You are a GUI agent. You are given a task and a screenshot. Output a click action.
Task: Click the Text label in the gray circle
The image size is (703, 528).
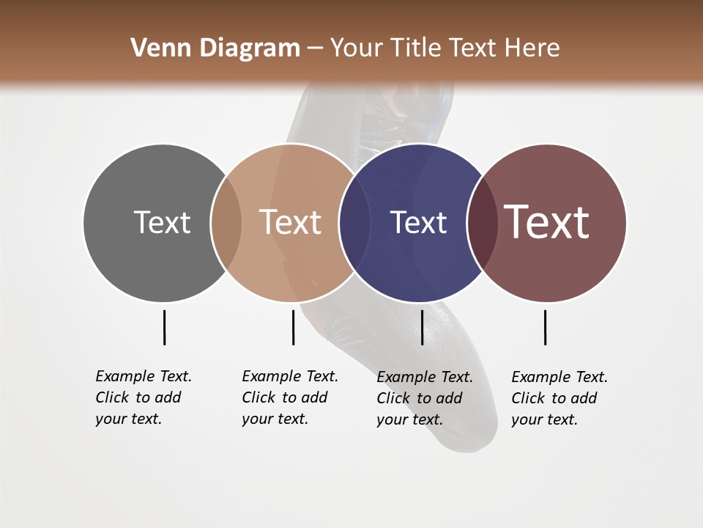point(162,222)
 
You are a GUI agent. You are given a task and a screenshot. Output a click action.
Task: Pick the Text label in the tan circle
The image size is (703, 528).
point(290,222)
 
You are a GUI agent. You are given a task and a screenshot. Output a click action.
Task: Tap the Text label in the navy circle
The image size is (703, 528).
point(418,222)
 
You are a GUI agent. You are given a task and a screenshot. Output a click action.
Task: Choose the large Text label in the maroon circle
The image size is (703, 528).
point(546,222)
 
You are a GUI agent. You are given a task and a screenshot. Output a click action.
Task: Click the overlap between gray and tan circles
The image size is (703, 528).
point(226,222)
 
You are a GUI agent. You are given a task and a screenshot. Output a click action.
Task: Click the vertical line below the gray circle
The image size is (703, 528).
point(164,327)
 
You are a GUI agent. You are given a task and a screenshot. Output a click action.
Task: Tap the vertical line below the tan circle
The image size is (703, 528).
point(293,327)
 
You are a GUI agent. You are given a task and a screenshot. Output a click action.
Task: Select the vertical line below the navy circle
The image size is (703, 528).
point(422,327)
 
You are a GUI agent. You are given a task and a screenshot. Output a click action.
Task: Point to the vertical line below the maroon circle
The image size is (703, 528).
point(545,327)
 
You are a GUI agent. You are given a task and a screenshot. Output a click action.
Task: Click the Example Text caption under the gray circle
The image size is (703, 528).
point(144,397)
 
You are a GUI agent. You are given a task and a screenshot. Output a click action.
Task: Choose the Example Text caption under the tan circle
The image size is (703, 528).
point(290,397)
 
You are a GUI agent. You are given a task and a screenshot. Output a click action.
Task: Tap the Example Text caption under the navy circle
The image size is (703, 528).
point(425,398)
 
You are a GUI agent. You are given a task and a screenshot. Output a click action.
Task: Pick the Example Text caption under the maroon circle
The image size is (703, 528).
point(559,398)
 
